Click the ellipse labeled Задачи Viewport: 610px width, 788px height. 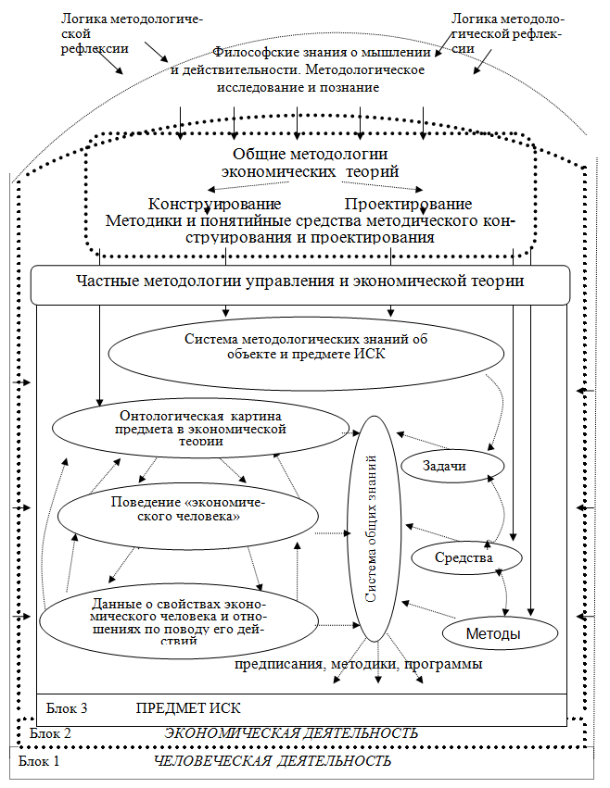click(451, 467)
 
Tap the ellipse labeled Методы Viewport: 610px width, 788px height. click(500, 634)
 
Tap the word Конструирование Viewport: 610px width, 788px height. click(214, 205)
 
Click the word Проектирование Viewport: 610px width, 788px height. click(408, 205)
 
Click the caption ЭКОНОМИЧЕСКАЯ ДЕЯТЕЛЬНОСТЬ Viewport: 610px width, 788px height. click(291, 733)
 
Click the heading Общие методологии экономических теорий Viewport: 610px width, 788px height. click(309, 162)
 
